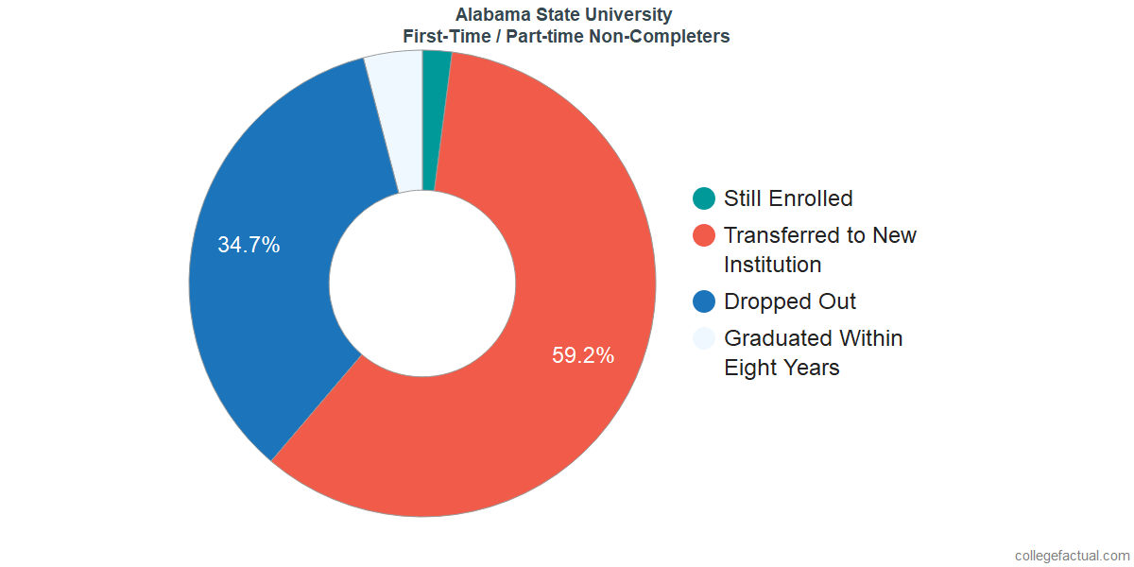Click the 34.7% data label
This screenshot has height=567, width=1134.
click(x=249, y=246)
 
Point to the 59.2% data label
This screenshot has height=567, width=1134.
click(x=583, y=356)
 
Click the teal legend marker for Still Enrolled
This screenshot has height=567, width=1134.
click(x=704, y=198)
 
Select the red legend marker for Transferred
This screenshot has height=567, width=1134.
click(x=704, y=235)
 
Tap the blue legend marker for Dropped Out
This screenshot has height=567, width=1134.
click(x=704, y=301)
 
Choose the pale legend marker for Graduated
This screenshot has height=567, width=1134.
click(x=704, y=338)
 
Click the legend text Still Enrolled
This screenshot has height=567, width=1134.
click(x=788, y=198)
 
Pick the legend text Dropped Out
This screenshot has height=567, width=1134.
click(x=790, y=301)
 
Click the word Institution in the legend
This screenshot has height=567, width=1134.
click(x=772, y=265)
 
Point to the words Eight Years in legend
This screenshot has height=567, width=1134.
click(x=782, y=368)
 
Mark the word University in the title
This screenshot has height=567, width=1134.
click(x=633, y=15)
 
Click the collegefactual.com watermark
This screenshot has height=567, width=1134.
click(x=1072, y=556)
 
